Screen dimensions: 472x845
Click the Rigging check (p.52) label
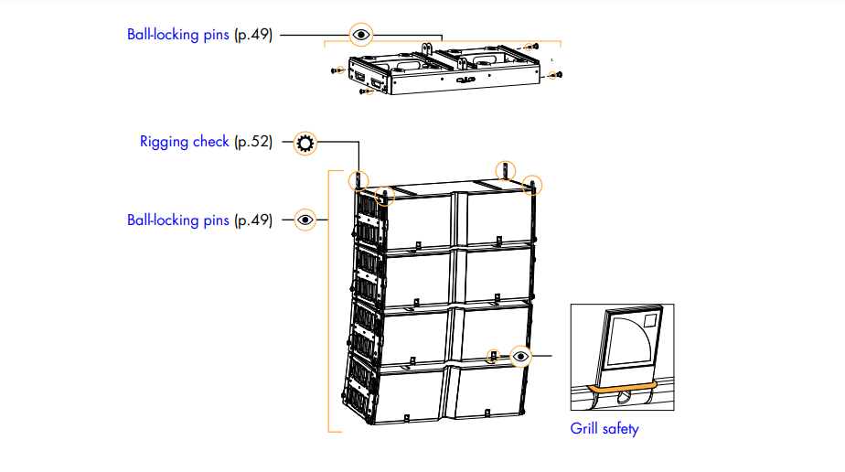[206, 142]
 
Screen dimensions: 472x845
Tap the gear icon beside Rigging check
[305, 142]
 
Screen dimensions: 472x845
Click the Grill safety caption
[604, 427]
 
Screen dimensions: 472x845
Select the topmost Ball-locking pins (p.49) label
[199, 36]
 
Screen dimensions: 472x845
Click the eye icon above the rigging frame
[362, 36]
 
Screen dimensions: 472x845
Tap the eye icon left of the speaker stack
[305, 220]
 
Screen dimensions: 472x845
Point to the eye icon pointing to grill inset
[520, 355]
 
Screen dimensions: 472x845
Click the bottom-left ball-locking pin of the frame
[365, 91]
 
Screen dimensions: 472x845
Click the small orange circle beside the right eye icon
[494, 355]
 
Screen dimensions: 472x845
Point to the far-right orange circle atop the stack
[532, 184]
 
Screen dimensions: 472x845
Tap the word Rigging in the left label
[165, 142]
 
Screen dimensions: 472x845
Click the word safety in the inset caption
[621, 427]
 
